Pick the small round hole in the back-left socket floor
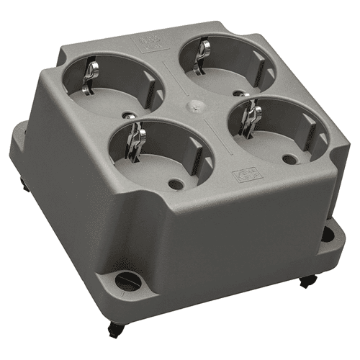(130, 114)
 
